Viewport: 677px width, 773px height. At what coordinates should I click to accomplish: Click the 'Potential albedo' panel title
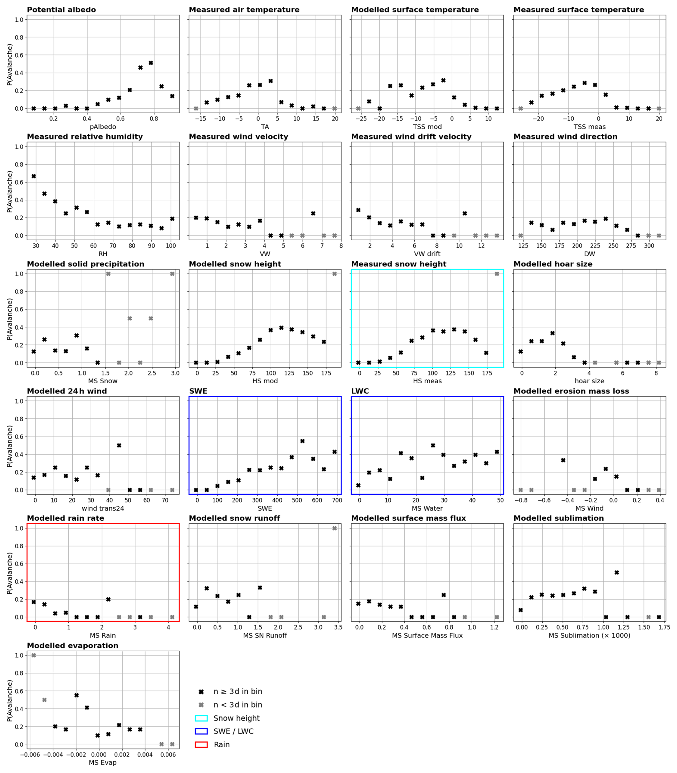pos(61,10)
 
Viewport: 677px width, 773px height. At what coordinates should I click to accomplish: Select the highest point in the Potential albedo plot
pos(151,63)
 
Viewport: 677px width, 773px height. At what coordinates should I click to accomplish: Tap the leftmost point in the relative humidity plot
pos(34,176)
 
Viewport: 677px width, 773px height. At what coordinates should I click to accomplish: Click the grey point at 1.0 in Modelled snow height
pos(334,274)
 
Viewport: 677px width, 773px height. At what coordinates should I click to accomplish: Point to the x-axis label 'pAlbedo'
pos(103,127)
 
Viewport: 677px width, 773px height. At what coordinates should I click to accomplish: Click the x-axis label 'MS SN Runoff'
pos(265,636)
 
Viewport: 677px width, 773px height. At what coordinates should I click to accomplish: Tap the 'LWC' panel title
pos(360,392)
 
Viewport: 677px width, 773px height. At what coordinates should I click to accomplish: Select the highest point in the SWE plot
pos(302,441)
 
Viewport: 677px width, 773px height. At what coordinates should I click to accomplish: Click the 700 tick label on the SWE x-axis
pos(337,500)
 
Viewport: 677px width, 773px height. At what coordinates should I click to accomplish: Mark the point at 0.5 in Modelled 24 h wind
pos(119,446)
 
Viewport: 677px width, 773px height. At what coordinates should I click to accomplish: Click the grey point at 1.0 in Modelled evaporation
pos(34,656)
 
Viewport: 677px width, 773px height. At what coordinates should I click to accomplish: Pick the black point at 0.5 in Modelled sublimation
pos(617,573)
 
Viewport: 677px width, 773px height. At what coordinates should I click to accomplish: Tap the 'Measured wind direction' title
pos(565,137)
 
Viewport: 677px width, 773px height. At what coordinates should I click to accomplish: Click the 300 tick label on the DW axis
pos(649,246)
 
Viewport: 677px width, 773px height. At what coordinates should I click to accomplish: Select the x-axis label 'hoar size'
pos(589,381)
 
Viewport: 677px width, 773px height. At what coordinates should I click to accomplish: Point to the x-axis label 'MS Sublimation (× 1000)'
pos(589,636)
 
